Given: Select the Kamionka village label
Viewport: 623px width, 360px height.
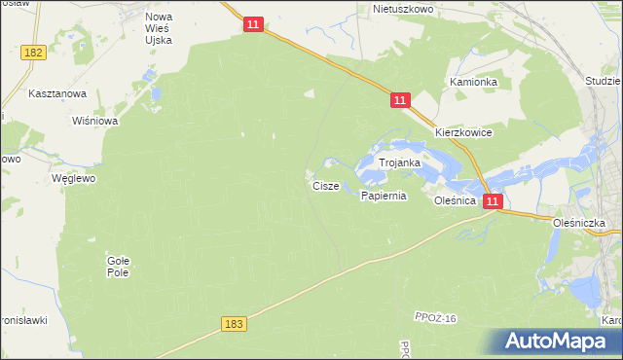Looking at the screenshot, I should (x=473, y=83).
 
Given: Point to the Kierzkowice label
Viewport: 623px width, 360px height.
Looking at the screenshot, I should (x=463, y=132).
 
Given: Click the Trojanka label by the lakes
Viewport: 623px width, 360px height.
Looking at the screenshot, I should (x=399, y=163).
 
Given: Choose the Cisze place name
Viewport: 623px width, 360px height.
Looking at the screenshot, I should (x=326, y=185).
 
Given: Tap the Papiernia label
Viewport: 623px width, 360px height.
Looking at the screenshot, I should (x=383, y=196).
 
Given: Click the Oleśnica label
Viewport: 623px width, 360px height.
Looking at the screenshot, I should (x=455, y=200).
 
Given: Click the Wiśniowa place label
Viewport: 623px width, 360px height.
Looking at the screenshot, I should (x=95, y=122).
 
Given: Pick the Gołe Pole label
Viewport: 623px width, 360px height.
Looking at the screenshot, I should (x=118, y=266).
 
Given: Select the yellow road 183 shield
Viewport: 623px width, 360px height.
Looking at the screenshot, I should (x=234, y=323).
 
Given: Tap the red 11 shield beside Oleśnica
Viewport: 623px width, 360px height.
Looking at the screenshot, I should (x=493, y=201).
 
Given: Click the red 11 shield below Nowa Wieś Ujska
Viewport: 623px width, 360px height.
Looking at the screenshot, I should (x=253, y=24).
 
